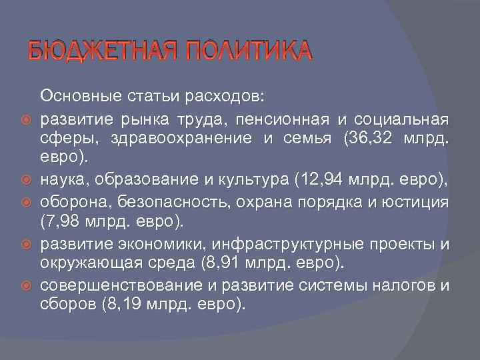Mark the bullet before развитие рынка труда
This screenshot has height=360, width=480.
[27, 120]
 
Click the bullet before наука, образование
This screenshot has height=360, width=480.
[27, 179]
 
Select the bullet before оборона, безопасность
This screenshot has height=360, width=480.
[27, 201]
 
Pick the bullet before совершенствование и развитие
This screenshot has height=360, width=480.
[27, 286]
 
